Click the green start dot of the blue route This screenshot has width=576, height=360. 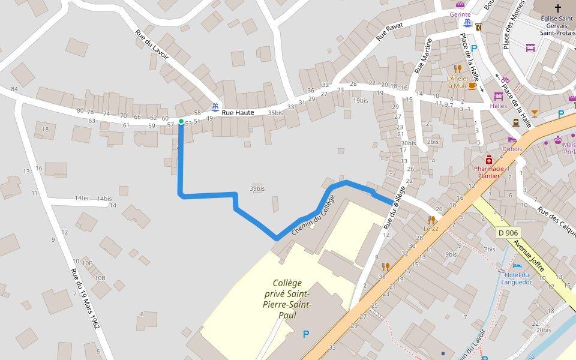pyautogui.click(x=181, y=121)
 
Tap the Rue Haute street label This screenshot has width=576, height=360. pyautogui.click(x=238, y=112)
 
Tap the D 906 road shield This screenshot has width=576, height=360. pyautogui.click(x=508, y=232)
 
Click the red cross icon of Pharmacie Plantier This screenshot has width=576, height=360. pyautogui.click(x=489, y=160)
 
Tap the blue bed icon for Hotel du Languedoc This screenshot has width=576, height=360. pyautogui.click(x=517, y=266)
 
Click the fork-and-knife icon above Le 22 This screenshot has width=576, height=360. pyautogui.click(x=431, y=220)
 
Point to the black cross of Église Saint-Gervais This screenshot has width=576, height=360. pyautogui.click(x=558, y=8)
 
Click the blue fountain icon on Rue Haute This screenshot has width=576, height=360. pyautogui.click(x=214, y=107)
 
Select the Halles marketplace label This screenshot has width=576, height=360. pyautogui.click(x=498, y=106)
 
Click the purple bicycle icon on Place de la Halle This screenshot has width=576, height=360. pyautogui.click(x=505, y=80)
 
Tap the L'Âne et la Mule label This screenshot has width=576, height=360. pyautogui.click(x=457, y=82)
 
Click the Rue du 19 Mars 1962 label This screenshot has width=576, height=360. pyautogui.click(x=85, y=298)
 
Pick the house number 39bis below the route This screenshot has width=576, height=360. pyautogui.click(x=257, y=189)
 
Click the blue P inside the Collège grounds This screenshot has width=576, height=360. pyautogui.click(x=306, y=334)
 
